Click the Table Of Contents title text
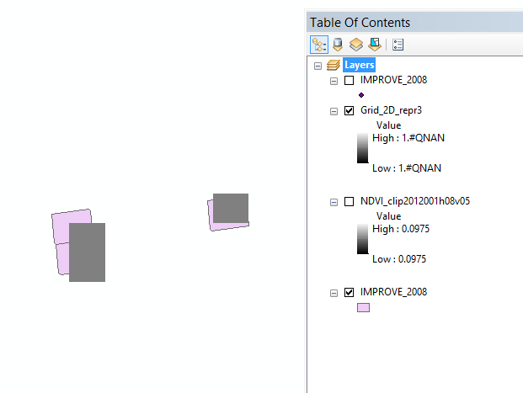coord(360,23)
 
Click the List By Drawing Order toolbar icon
coord(319,45)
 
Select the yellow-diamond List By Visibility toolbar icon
coord(356,45)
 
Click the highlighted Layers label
coord(359,65)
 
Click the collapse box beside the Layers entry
coord(318,65)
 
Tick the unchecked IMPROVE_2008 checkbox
coord(349,80)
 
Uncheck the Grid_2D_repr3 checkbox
coord(349,110)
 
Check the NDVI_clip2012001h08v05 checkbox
coord(349,202)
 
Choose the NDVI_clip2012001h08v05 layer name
coord(415,202)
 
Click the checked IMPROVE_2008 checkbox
coord(349,292)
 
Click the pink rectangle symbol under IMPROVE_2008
coord(363,308)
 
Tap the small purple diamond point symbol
coord(361,95)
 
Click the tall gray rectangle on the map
coord(87,252)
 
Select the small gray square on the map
coord(230,208)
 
